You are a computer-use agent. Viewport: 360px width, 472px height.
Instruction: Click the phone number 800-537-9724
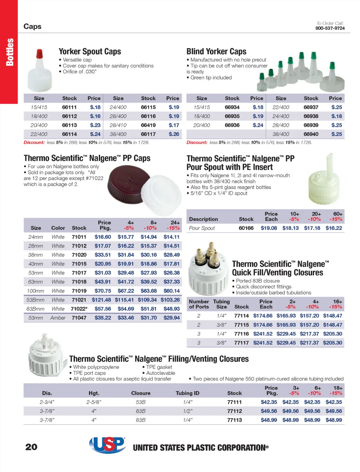click(x=330, y=28)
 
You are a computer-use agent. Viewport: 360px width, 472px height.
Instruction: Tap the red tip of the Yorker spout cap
click(x=39, y=54)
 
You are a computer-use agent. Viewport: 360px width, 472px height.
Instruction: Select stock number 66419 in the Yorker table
click(x=148, y=125)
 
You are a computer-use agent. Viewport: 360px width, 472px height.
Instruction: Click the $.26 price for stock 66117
click(x=174, y=134)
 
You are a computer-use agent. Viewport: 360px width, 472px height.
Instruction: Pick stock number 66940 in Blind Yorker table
click(x=311, y=134)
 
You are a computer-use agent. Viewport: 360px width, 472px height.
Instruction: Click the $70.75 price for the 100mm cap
click(x=103, y=291)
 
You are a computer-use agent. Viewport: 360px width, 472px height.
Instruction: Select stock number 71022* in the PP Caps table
click(x=79, y=309)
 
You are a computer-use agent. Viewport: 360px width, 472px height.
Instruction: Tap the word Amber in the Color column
click(x=58, y=318)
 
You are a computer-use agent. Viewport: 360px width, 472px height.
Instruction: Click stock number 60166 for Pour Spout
click(x=246, y=228)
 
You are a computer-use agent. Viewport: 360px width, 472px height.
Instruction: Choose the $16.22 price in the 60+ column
click(x=334, y=228)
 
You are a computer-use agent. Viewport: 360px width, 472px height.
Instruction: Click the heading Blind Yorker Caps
click(x=216, y=52)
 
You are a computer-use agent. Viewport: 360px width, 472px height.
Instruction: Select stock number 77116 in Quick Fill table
click(x=242, y=334)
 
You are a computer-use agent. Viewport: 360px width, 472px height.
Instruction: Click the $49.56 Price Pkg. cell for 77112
click(x=269, y=411)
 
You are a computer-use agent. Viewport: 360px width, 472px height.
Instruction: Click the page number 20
click(x=31, y=447)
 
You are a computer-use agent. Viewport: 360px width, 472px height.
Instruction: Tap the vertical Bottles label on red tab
click(x=9, y=52)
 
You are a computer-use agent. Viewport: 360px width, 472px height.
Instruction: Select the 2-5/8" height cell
click(x=94, y=402)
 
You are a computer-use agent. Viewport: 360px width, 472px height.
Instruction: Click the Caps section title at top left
click(x=32, y=26)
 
